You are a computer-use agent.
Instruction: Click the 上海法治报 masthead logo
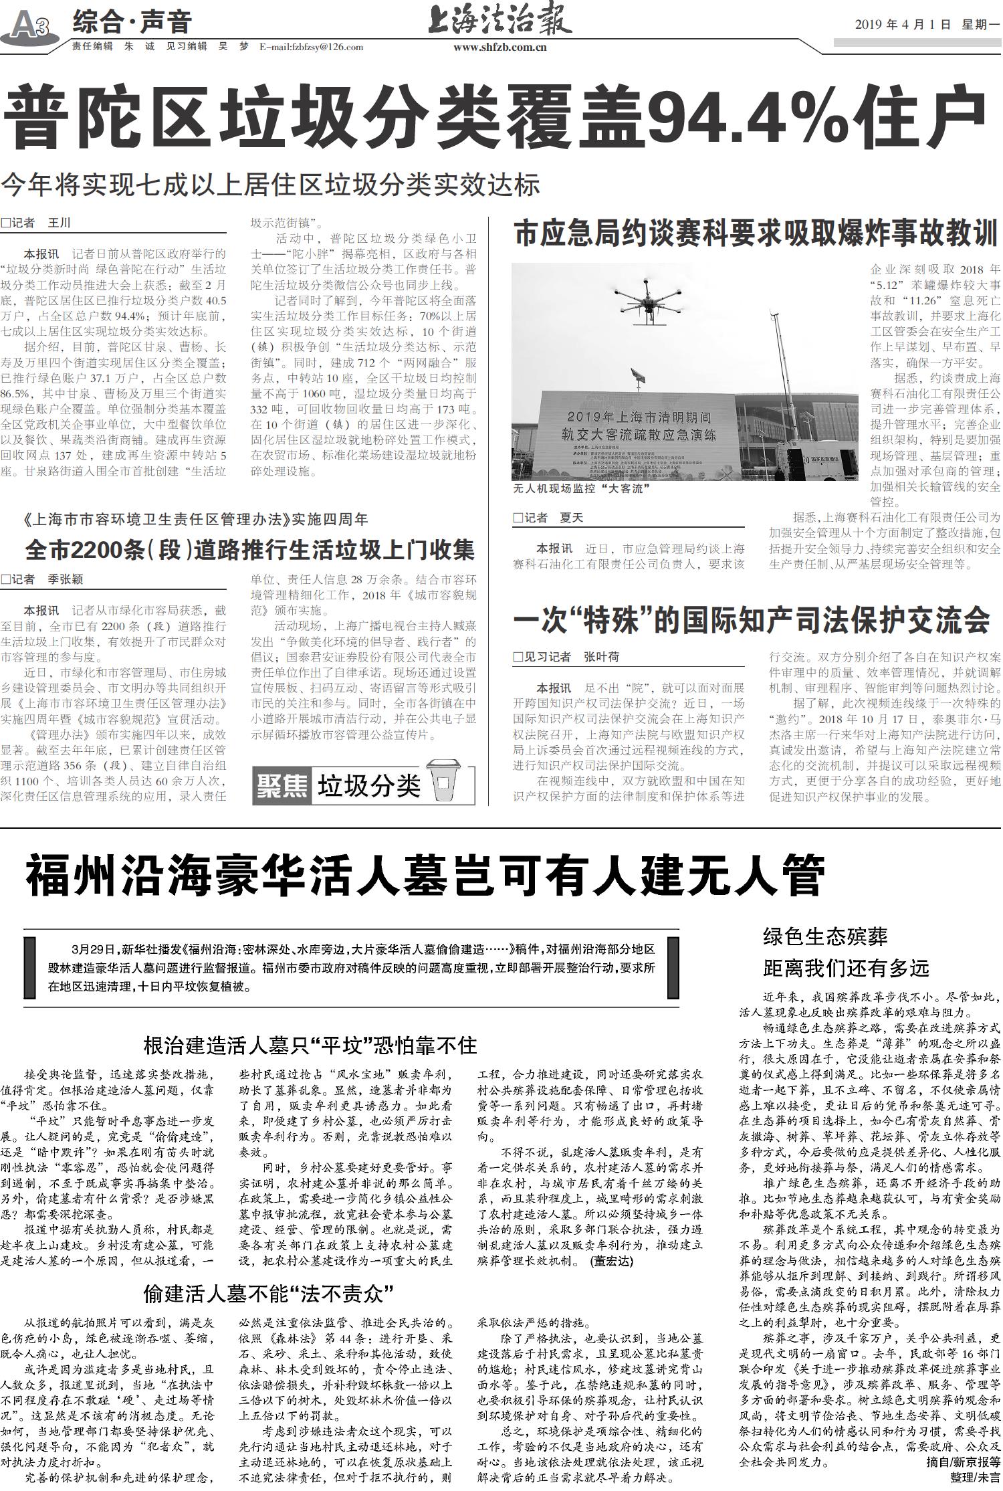pos(499,21)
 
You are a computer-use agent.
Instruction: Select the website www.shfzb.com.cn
pos(500,47)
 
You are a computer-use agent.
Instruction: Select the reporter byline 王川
pos(59,223)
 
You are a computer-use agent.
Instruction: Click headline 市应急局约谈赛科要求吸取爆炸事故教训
pos(756,234)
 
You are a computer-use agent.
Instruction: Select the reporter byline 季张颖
pos(66,579)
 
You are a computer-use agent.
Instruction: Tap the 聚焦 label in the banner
pos(282,785)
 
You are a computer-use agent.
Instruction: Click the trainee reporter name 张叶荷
pos(602,657)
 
